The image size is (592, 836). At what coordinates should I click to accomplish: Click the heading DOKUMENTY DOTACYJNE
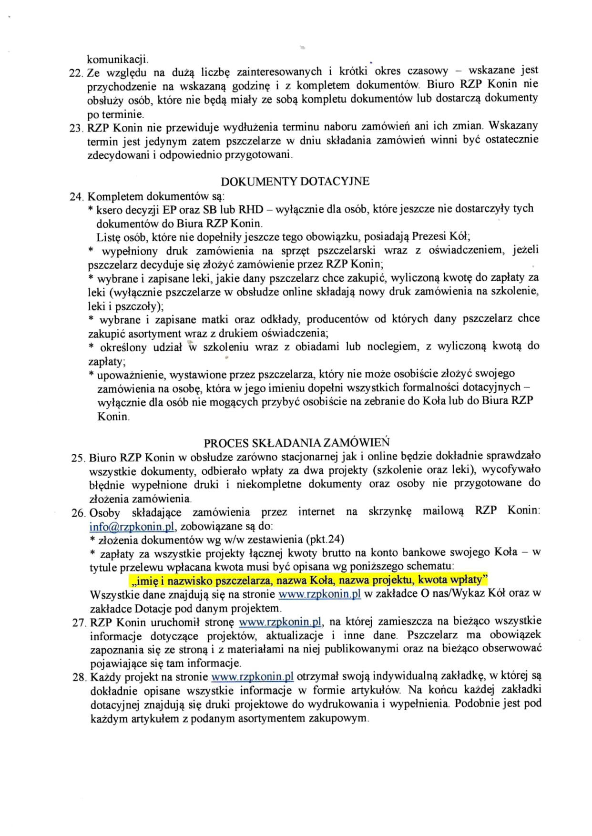(295, 182)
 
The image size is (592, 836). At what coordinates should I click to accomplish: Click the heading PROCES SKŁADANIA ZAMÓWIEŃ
(296, 443)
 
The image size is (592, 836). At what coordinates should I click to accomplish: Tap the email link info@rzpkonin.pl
(133, 527)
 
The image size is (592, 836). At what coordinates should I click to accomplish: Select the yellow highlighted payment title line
(308, 581)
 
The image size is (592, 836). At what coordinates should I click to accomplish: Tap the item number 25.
(78, 459)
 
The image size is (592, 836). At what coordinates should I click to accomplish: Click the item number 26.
(79, 513)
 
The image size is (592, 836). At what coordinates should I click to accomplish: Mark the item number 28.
(80, 677)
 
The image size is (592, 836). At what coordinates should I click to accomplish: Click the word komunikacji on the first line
(117, 60)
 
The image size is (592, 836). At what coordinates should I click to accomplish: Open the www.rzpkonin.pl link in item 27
(280, 622)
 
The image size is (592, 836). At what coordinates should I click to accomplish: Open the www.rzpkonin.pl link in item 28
(252, 677)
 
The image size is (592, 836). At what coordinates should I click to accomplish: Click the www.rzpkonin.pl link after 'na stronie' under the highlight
(319, 594)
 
